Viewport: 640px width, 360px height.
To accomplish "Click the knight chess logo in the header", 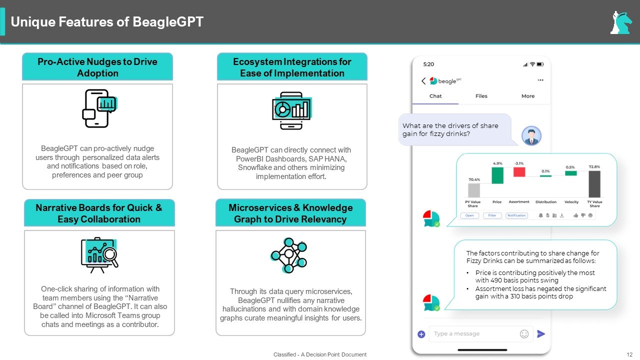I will pyautogui.click(x=621, y=22).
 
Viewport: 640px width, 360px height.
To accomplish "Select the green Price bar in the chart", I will pyautogui.click(x=497, y=175).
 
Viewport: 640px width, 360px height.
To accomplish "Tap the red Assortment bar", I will pyautogui.click(x=519, y=171).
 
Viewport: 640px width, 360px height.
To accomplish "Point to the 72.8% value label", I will pyautogui.click(x=594, y=166).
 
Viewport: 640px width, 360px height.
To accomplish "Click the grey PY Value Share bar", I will pyautogui.click(x=473, y=190).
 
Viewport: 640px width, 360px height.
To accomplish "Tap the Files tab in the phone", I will pyautogui.click(x=481, y=96).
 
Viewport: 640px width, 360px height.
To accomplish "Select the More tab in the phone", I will pyautogui.click(x=528, y=96).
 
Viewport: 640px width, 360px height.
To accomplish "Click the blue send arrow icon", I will pyautogui.click(x=541, y=333).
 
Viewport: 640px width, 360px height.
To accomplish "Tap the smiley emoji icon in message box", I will pyautogui.click(x=524, y=333).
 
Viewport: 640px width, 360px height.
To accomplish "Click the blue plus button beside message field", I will pyautogui.click(x=421, y=334).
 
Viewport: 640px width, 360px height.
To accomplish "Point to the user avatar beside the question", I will pyautogui.click(x=531, y=135).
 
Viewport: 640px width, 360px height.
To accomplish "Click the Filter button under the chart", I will pyautogui.click(x=492, y=215).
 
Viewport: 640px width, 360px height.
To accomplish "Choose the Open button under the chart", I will pyautogui.click(x=469, y=215).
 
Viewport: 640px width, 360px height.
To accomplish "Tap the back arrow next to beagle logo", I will pyautogui.click(x=423, y=81).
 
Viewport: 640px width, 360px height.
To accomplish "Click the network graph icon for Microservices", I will pyautogui.click(x=288, y=254).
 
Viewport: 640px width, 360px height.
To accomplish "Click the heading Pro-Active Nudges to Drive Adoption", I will pyautogui.click(x=97, y=67).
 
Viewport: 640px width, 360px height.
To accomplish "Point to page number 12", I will pyautogui.click(x=629, y=354).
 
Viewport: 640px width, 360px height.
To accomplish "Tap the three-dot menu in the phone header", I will pyautogui.click(x=540, y=80).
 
